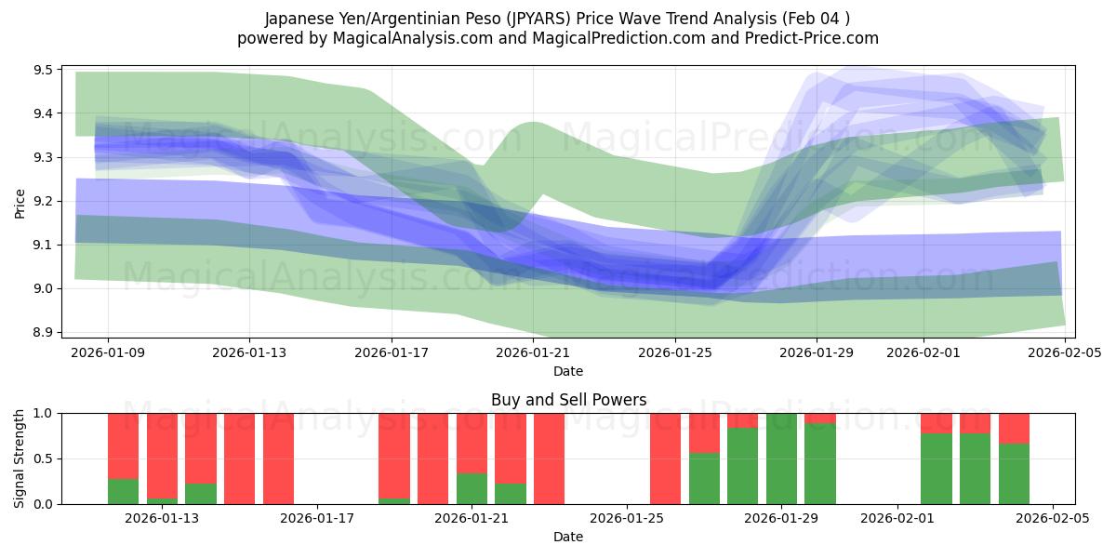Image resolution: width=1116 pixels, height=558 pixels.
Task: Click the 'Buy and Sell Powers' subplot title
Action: [568, 401]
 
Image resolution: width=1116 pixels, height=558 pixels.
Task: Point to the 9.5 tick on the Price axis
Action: [42, 70]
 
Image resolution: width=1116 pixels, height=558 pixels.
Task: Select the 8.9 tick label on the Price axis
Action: [42, 332]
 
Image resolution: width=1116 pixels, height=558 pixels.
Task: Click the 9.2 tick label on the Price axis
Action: [42, 201]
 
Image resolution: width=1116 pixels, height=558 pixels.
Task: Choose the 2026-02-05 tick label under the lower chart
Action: [1052, 518]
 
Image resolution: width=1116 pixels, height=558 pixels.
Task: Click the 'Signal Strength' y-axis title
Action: [20, 458]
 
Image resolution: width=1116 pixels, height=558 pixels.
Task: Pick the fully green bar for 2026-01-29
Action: [781, 458]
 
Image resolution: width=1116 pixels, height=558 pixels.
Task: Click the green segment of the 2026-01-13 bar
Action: [162, 501]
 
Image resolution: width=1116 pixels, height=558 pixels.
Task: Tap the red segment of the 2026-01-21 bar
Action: [472, 442]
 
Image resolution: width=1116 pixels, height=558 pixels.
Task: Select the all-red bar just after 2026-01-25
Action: [665, 458]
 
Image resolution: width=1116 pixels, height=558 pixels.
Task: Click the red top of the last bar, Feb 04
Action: [1014, 428]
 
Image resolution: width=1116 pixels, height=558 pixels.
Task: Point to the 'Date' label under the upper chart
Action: [568, 371]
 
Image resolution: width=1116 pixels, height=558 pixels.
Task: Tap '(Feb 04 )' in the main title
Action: [817, 19]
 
